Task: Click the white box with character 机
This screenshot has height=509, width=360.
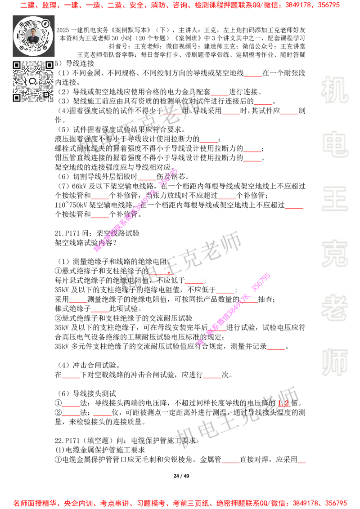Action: (x=334, y=90)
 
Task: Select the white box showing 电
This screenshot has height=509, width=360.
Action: (x=336, y=144)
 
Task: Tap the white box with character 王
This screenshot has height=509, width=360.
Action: (x=334, y=199)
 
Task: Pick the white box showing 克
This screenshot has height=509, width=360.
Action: (x=334, y=254)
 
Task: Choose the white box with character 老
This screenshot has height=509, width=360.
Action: (x=334, y=308)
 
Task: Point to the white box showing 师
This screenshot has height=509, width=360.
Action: (x=334, y=363)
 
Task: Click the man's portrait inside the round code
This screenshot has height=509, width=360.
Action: (x=33, y=36)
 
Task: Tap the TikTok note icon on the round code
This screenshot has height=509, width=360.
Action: (x=45, y=23)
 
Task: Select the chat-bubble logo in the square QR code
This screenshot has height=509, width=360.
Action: (x=33, y=81)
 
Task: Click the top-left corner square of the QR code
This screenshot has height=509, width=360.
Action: (x=17, y=65)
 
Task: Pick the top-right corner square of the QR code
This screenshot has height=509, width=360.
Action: (x=49, y=65)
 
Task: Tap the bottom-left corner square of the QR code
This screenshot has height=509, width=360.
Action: (x=17, y=98)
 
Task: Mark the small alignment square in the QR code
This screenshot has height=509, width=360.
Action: (x=46, y=94)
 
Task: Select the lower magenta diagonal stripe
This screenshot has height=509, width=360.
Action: (x=234, y=308)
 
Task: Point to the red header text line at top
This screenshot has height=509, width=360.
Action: (x=180, y=5)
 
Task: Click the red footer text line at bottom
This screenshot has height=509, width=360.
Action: (x=180, y=503)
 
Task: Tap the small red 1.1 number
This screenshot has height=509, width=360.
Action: (x=283, y=404)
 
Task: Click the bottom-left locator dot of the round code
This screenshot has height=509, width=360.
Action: (x=21, y=47)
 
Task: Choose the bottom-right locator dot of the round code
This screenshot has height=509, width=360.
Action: (x=45, y=47)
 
